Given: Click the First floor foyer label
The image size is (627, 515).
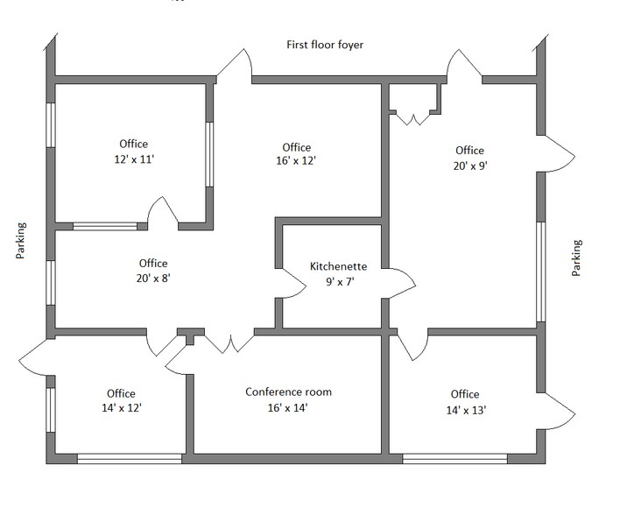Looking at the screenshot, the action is pyautogui.click(x=325, y=45).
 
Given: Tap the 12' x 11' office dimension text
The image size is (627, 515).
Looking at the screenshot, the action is pyautogui.click(x=134, y=159).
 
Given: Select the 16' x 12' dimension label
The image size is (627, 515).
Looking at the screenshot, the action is pyautogui.click(x=296, y=161).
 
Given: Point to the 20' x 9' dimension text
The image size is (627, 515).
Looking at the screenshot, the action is pyautogui.click(x=470, y=166).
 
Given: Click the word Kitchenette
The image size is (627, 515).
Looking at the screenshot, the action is pyautogui.click(x=338, y=266).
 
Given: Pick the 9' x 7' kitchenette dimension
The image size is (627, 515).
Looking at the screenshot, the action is pyautogui.click(x=340, y=282).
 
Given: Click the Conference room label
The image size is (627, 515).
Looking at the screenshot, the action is pyautogui.click(x=288, y=392).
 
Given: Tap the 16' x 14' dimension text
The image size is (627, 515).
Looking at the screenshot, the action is pyautogui.click(x=287, y=408).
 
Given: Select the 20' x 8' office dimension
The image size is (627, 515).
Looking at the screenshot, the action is pyautogui.click(x=153, y=278).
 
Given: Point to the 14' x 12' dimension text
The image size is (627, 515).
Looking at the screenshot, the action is pyautogui.click(x=122, y=408).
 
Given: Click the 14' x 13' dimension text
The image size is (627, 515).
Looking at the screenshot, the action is pyautogui.click(x=466, y=410).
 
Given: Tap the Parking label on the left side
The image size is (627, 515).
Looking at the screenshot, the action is pyautogui.click(x=21, y=241).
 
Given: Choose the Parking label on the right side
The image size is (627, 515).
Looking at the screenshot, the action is pyautogui.click(x=576, y=257).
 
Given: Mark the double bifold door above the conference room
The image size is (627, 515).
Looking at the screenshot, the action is pyautogui.click(x=229, y=344).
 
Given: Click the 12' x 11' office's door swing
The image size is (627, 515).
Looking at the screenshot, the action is pyautogui.click(x=163, y=211).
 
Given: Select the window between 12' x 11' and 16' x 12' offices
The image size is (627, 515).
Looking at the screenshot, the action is pyautogui.click(x=209, y=154).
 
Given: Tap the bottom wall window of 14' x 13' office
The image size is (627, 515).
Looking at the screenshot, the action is pyautogui.click(x=454, y=459).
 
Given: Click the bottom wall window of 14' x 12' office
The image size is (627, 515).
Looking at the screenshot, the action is pyautogui.click(x=129, y=459).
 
